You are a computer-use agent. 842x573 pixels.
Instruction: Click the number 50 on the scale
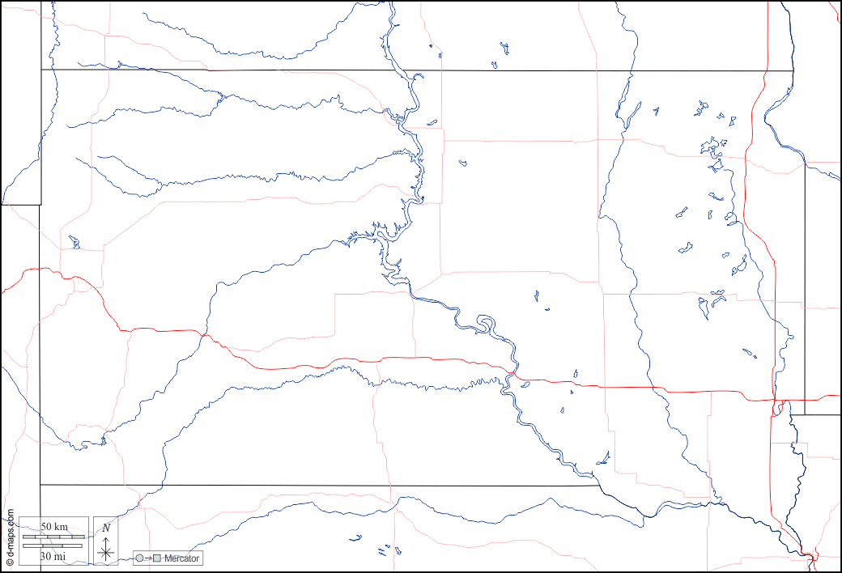[x=48, y=527]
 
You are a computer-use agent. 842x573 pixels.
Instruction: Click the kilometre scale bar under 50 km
[x=53, y=537]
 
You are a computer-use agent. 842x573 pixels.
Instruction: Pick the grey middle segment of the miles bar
[x=53, y=545]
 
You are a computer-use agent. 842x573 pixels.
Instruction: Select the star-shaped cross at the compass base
[x=106, y=554]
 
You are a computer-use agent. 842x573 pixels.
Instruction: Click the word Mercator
[x=181, y=558]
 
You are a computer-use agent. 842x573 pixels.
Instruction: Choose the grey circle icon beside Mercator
[x=140, y=558]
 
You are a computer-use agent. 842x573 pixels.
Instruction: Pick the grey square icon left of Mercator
[x=158, y=558]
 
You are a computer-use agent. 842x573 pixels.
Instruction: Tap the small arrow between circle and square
[x=149, y=558]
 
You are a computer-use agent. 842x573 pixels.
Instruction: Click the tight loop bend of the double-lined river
[x=486, y=325]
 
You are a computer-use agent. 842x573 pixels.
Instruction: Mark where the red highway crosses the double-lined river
[x=512, y=374]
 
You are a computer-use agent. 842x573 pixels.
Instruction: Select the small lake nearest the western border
[x=74, y=242]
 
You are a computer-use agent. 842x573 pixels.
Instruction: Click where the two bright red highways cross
[x=775, y=400]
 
